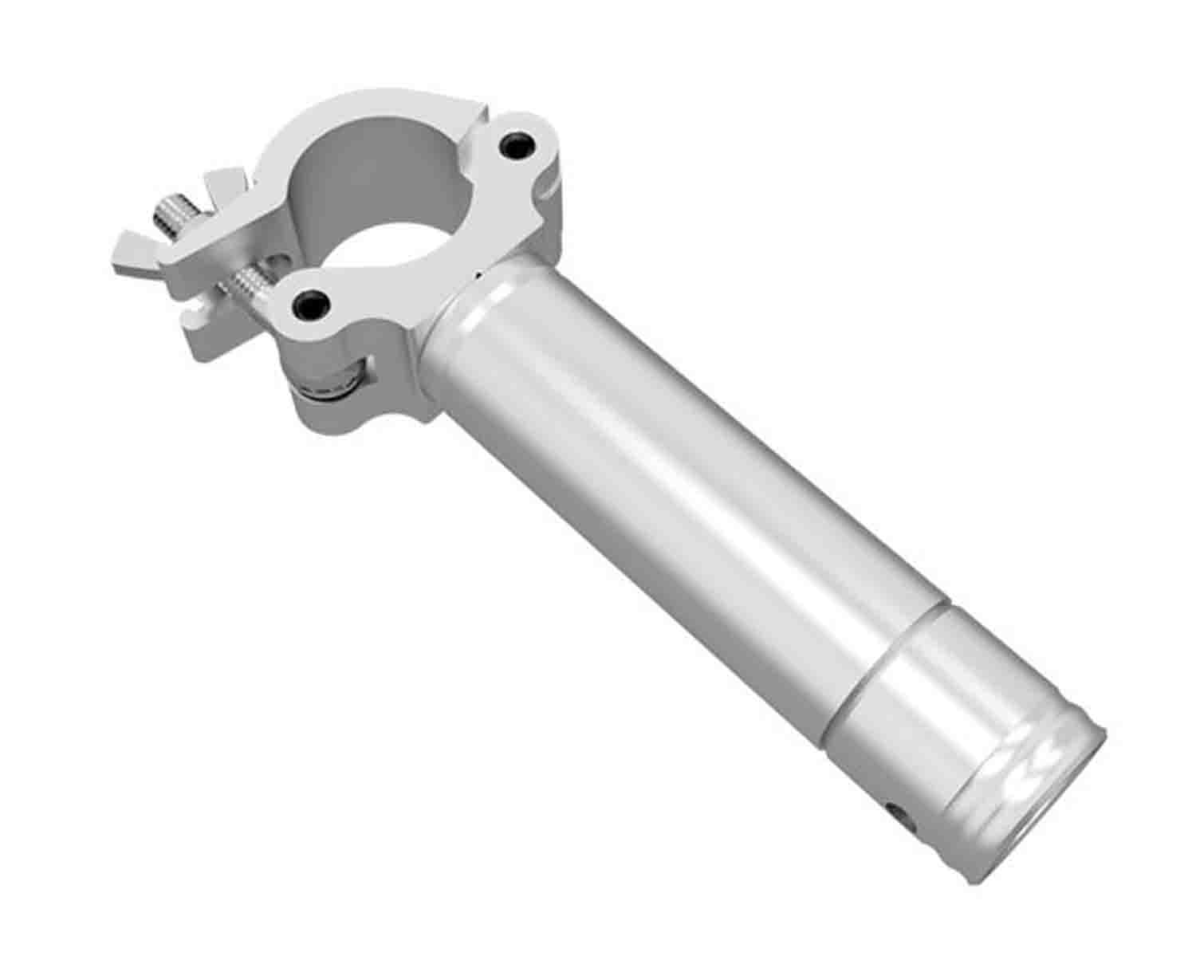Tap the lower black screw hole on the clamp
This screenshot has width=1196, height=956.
tap(309, 301)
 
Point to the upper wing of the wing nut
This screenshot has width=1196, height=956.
tap(226, 183)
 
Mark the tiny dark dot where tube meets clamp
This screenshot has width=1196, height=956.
tap(478, 275)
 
